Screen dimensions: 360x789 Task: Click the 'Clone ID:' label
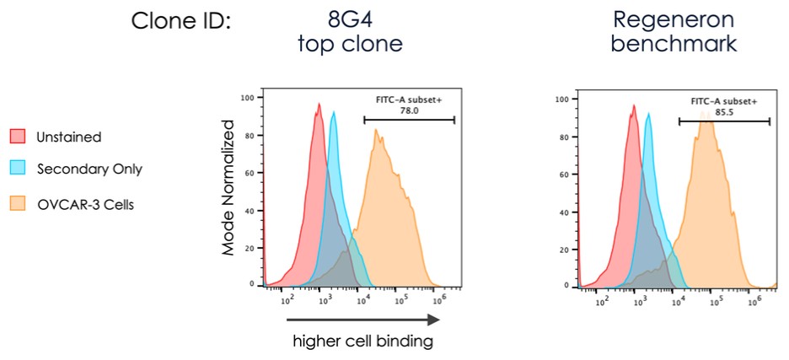point(180,19)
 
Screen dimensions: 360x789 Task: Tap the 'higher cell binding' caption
point(363,341)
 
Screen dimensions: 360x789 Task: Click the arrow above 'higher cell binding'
point(363,320)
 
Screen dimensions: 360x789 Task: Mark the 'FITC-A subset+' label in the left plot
point(409,99)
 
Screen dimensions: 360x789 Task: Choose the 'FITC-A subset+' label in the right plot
point(724,100)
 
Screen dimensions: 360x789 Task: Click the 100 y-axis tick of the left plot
point(247,99)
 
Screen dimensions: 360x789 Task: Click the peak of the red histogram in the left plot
point(319,105)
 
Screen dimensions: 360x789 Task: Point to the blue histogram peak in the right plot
point(647,114)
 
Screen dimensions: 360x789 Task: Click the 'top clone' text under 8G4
point(349,43)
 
